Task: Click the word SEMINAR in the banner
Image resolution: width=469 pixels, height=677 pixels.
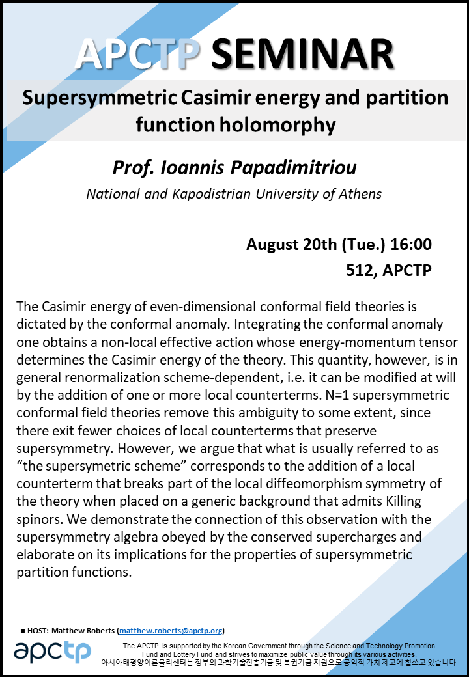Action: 302,54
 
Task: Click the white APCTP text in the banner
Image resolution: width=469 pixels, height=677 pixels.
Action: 136,54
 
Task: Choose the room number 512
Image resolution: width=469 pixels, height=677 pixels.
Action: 359,270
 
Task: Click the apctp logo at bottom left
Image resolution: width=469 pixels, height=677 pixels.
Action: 52,651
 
